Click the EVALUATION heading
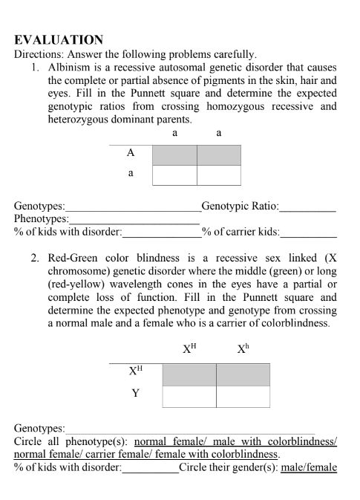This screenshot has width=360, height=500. [x=59, y=40]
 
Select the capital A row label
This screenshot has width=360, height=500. [x=131, y=153]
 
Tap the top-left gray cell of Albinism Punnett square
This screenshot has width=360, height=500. [x=174, y=155]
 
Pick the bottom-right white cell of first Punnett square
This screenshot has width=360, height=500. [x=219, y=175]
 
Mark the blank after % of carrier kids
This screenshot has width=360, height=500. [x=308, y=233]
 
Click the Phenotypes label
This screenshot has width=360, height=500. [x=42, y=220]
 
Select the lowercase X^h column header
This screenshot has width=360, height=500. [x=242, y=347]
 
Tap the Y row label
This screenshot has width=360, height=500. [x=134, y=394]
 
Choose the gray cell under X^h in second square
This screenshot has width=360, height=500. [x=243, y=374]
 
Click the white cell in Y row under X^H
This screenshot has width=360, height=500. [x=189, y=396]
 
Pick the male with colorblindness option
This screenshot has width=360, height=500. [x=282, y=441]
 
